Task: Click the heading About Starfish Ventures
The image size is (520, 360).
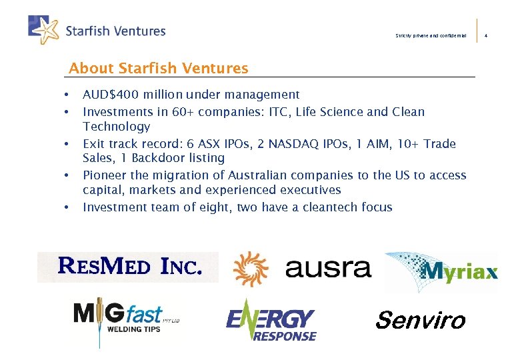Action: (x=159, y=68)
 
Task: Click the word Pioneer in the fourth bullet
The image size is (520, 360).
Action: (x=103, y=175)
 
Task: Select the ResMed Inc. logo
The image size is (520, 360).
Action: (x=128, y=267)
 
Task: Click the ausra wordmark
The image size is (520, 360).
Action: (x=327, y=268)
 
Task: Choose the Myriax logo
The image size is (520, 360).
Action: (x=441, y=271)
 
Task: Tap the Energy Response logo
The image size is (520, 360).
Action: (x=271, y=321)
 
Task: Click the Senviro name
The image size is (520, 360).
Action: (x=420, y=321)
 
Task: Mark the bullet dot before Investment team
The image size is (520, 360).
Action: (x=67, y=207)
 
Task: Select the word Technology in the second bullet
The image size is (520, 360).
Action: (x=116, y=127)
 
